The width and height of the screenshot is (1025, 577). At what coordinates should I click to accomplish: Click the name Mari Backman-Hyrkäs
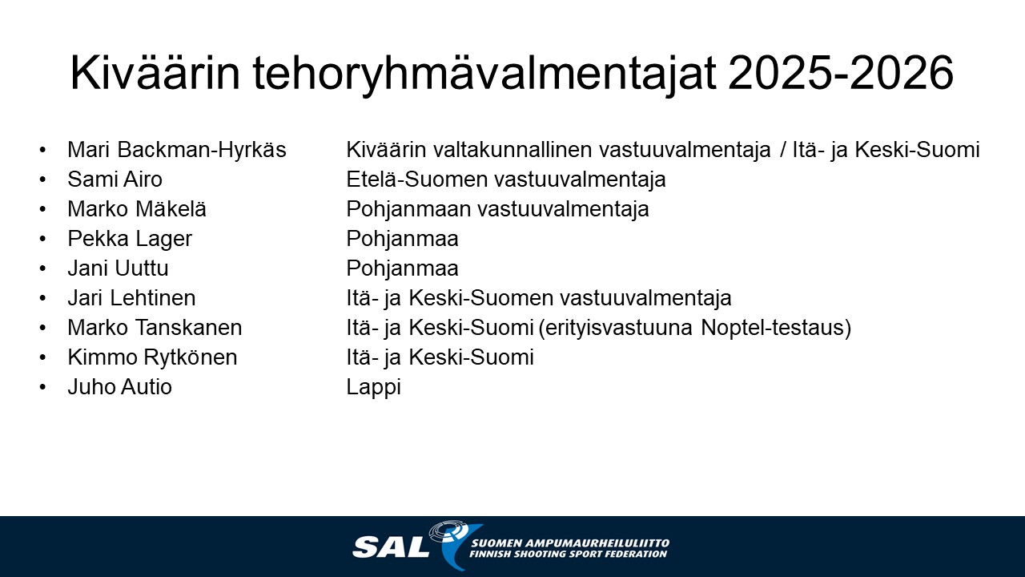(177, 150)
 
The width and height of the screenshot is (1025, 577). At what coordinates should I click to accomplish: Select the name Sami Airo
(115, 179)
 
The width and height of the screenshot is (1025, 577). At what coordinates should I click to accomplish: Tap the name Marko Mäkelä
(137, 209)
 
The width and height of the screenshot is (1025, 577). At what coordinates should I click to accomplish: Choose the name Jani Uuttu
(118, 268)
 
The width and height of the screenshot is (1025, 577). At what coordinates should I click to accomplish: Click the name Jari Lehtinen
(132, 298)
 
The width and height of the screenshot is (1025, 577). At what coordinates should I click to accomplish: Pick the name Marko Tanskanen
(155, 328)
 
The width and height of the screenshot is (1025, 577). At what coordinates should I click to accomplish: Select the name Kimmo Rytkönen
(152, 357)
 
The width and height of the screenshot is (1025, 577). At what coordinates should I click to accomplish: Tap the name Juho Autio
(120, 387)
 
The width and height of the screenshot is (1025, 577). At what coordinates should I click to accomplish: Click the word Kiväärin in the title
(155, 73)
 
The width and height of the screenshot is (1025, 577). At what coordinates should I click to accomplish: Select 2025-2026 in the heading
(841, 73)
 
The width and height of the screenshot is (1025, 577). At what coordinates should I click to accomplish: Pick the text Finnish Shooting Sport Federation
(569, 554)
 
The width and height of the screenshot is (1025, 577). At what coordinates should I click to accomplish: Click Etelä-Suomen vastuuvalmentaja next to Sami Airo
(506, 180)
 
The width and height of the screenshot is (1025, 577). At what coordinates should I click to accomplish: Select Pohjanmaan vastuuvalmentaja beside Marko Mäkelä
(498, 210)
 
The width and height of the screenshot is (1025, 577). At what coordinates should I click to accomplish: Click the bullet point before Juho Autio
(43, 387)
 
